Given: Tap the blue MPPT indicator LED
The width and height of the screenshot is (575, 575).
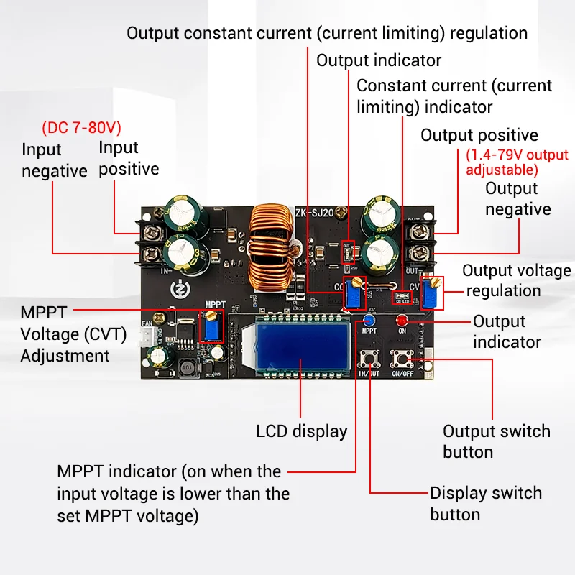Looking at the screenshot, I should [369, 320].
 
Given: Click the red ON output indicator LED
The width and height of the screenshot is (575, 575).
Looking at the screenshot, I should [402, 320].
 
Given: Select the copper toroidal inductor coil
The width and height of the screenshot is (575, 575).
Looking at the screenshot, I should [272, 252].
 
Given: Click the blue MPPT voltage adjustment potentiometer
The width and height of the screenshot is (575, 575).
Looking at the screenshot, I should [213, 326].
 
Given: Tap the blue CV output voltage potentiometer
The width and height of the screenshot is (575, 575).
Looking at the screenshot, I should [432, 293].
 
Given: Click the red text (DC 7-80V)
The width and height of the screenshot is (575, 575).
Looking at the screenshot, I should [81, 128].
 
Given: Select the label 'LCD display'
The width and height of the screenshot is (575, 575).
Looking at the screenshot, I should [302, 432].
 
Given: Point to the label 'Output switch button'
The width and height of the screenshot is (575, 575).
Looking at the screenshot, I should [496, 441].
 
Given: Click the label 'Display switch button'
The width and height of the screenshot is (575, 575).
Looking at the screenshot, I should [485, 504].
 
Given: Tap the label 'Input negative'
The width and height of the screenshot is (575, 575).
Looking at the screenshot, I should [54, 160].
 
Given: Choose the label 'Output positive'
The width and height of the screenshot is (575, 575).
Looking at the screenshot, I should [479, 135].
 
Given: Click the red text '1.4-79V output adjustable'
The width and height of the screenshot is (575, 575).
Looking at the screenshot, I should [516, 162].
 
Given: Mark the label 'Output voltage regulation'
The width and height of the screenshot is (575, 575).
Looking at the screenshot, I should [516, 280].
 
